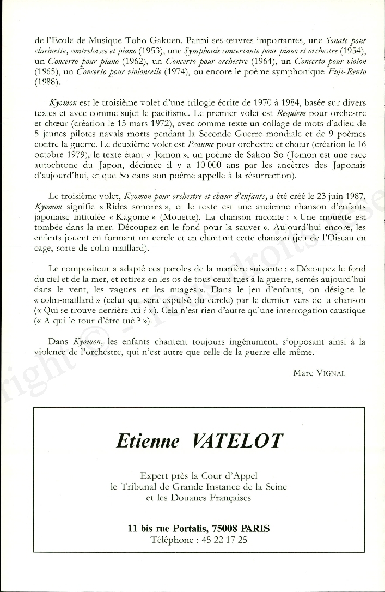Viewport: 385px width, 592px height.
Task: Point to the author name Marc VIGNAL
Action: tap(319, 373)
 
